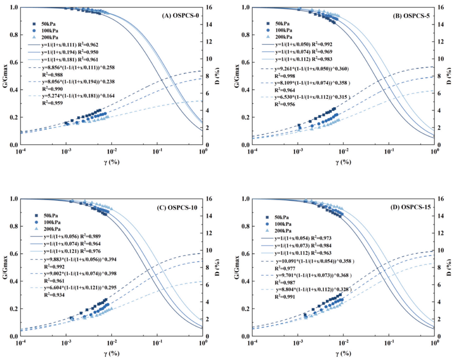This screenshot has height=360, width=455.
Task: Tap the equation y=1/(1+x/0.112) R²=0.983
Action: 300,60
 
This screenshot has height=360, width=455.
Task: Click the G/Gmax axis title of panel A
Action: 5,76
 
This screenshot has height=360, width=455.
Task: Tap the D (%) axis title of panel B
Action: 450,76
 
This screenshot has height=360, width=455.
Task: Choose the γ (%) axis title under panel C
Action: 112,353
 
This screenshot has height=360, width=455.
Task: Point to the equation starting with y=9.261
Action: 311,69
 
